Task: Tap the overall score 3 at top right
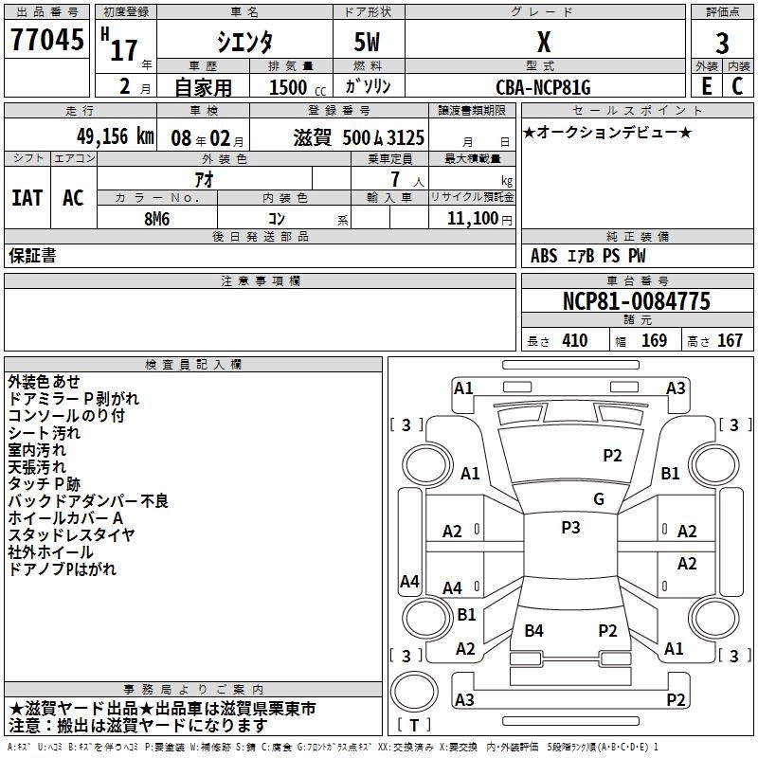pos(722,43)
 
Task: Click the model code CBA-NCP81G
pos(543,87)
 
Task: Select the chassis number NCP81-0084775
pos(636,302)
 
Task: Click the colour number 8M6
pos(156,218)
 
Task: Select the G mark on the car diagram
pos(598,499)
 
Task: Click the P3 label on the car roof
pos(570,528)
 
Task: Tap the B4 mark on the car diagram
pos(534,631)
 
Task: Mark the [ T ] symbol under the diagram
pos(414,726)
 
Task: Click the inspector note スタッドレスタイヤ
pos(71,534)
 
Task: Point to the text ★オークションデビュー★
pos(607,132)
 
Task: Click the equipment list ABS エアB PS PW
pos(588,256)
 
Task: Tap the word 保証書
pos(32,255)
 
